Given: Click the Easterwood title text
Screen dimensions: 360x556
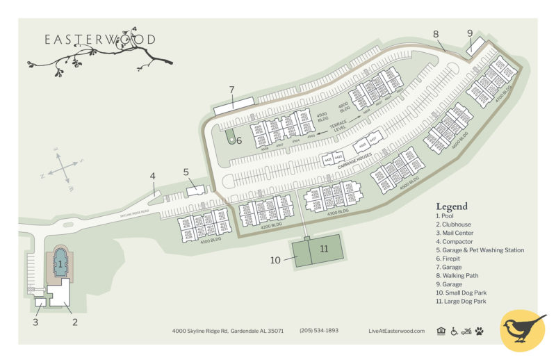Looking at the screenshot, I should coord(100,40).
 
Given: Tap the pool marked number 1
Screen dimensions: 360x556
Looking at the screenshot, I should coord(60,263).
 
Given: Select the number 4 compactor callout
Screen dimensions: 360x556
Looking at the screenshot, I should coord(152,176).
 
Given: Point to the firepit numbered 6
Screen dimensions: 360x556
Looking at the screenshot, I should coord(232,137).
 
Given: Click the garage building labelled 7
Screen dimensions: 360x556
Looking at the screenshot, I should coord(234,106).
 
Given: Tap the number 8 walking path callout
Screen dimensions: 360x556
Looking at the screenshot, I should coord(436,34).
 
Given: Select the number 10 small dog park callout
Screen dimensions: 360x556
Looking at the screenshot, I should coord(275,260).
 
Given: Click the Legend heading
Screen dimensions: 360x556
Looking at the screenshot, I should coord(452,206).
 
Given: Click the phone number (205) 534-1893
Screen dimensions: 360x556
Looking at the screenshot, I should coord(319,331).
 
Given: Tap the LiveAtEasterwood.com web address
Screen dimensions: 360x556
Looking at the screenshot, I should coord(396,331).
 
